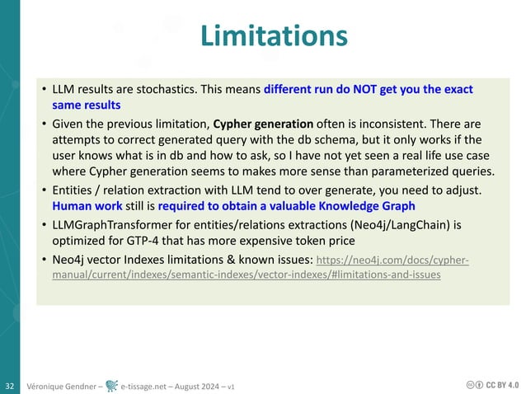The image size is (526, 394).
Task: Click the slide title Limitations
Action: [x=273, y=37]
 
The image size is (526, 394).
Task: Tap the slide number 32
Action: [x=10, y=385]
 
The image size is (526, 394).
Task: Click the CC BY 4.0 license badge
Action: [x=493, y=385]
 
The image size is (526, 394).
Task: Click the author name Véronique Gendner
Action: [x=63, y=385]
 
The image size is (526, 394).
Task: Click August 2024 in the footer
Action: [x=198, y=385]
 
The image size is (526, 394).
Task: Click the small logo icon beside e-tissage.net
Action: [x=110, y=385]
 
